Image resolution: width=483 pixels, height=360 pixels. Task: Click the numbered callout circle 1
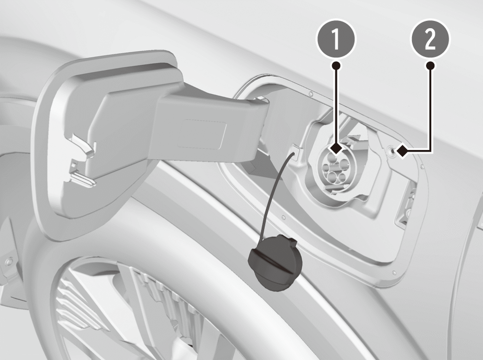336,39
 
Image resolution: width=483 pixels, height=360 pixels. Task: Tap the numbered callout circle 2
430,39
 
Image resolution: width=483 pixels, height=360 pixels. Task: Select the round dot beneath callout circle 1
336,65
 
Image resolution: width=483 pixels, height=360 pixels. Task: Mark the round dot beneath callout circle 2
430,65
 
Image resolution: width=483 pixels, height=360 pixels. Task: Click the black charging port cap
275,262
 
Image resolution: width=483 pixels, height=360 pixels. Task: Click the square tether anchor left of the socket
294,152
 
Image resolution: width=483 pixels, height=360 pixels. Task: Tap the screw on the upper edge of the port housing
311,94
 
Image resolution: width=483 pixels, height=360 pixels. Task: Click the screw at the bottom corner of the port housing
394,273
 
